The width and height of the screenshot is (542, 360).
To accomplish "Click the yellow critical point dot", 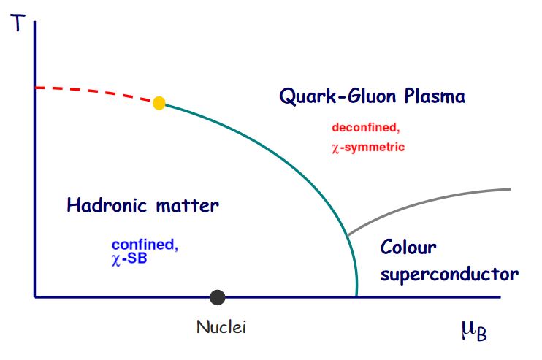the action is [x=159, y=103].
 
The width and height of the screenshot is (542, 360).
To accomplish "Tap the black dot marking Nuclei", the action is [x=218, y=297].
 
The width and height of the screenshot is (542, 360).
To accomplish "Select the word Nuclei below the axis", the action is [x=221, y=326].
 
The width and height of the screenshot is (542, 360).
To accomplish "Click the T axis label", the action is [x=18, y=23].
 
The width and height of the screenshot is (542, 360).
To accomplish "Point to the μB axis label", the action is [x=474, y=331].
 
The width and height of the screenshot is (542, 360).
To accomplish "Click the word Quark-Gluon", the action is [x=337, y=96].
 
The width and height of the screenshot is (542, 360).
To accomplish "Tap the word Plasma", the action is [x=435, y=96].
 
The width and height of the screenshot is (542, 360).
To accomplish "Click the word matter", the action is [x=187, y=206].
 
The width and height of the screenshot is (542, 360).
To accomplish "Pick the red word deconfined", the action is [x=366, y=128].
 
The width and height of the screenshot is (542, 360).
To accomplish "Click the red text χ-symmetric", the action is [x=368, y=148].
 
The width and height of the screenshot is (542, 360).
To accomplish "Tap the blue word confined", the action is [x=145, y=245].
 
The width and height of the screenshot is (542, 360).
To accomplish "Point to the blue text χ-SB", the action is [x=129, y=258].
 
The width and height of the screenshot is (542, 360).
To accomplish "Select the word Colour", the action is [x=408, y=247].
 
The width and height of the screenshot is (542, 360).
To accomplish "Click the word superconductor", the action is [x=449, y=275].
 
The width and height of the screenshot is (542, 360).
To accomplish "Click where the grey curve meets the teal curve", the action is [x=348, y=235].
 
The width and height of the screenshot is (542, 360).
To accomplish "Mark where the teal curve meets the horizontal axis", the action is [x=356, y=296].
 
